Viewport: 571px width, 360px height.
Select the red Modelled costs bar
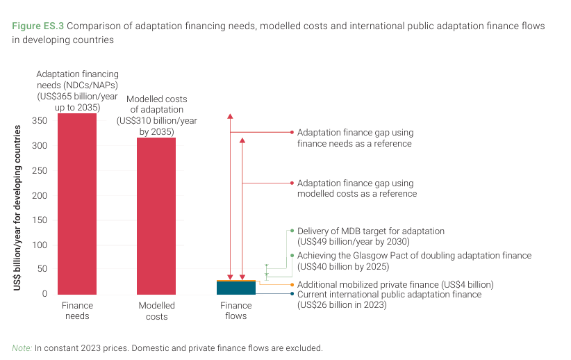click(x=156, y=216)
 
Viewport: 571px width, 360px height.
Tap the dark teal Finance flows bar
click(x=236, y=288)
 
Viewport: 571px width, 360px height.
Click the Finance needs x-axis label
click(x=77, y=311)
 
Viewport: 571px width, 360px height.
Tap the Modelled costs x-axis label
click(x=156, y=311)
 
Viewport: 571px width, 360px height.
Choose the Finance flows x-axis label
click(x=236, y=311)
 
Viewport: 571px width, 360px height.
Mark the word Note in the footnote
click(x=22, y=347)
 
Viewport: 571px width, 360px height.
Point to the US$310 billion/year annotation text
click(x=156, y=121)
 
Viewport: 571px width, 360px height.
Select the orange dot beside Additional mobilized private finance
click(x=292, y=284)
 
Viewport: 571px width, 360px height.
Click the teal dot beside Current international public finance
click(x=292, y=294)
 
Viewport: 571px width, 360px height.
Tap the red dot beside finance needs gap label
click(x=292, y=132)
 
